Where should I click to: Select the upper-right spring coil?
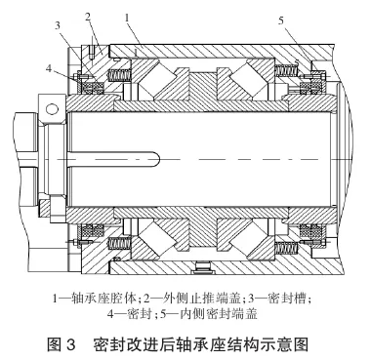[x=288, y=71]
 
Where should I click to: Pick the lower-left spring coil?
[x=119, y=240]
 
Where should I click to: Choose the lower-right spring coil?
[x=288, y=240]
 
